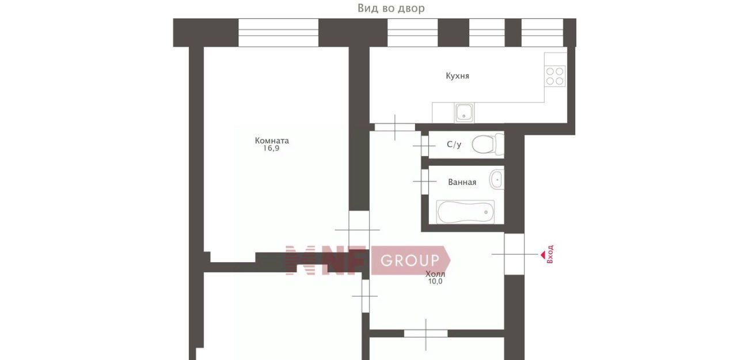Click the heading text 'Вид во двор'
pos(391,8)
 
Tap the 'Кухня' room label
pos(457,76)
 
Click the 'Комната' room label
pos(272,141)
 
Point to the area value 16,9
pos(271,149)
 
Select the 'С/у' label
pos(454,145)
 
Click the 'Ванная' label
pos(462,182)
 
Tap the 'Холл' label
pos(435,274)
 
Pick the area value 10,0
pos(435,281)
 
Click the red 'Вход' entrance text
pos(550,254)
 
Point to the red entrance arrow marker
pos(542,255)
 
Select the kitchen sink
pos(464,112)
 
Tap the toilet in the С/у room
pos(488,145)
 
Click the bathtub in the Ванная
pos(465,212)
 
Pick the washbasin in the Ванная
pos(496,179)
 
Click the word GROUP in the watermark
pos(410,260)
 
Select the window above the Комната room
pos(278,33)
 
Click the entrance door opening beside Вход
pos(514,254)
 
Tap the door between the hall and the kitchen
pos(395,127)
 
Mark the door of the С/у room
pos(425,146)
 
